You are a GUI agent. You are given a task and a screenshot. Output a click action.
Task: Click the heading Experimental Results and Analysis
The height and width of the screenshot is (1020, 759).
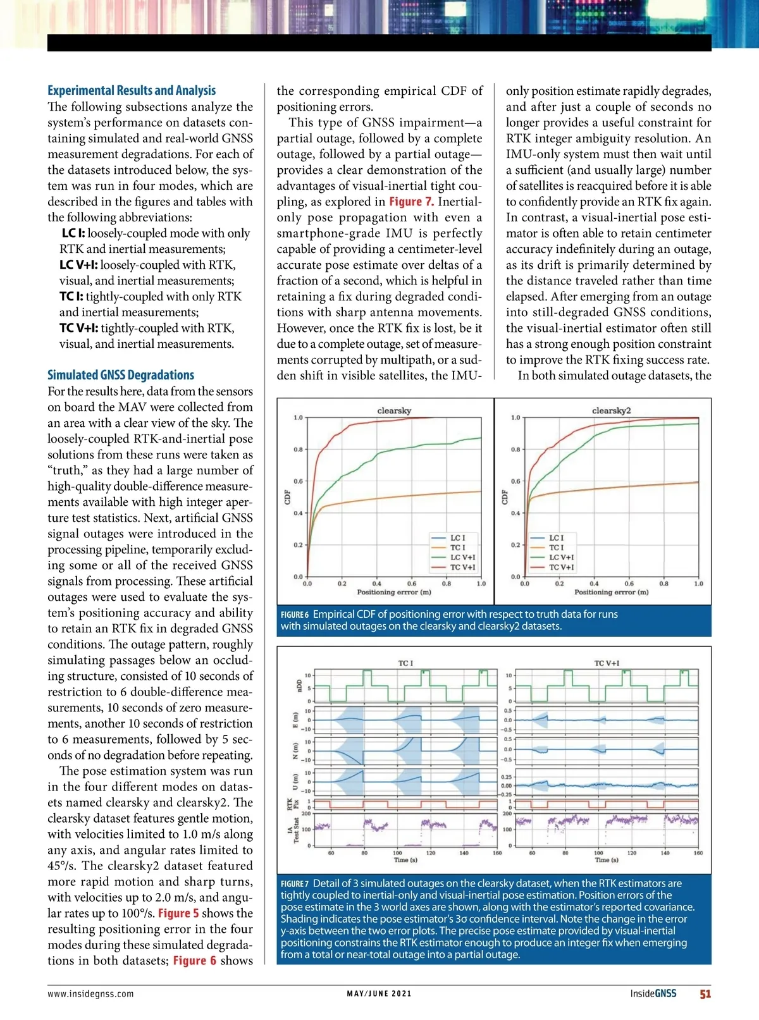pyautogui.click(x=132, y=90)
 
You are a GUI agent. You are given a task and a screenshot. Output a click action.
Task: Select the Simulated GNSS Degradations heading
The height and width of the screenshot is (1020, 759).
pyautogui.click(x=121, y=375)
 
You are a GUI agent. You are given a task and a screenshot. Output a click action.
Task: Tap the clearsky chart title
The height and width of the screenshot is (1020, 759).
pyautogui.click(x=394, y=411)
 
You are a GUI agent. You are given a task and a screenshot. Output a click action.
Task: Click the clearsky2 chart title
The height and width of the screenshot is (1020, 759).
pyautogui.click(x=611, y=411)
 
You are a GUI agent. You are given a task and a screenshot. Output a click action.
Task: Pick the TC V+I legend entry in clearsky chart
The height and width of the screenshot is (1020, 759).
pyautogui.click(x=462, y=567)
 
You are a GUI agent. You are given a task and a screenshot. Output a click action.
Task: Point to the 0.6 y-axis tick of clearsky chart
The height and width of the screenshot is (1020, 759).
pyautogui.click(x=297, y=481)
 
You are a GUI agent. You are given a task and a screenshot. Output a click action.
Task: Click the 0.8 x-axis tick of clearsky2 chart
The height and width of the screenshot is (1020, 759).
pyautogui.click(x=663, y=584)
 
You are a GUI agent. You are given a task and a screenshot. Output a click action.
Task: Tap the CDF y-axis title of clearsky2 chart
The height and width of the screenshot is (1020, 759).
pyautogui.click(x=505, y=497)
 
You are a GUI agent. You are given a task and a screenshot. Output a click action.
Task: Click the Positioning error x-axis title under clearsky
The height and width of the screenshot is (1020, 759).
pyautogui.click(x=394, y=593)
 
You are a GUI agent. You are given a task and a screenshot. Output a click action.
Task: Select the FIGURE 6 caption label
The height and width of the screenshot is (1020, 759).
pyautogui.click(x=295, y=615)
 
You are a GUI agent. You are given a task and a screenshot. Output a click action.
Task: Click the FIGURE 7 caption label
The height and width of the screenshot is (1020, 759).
pyautogui.click(x=295, y=884)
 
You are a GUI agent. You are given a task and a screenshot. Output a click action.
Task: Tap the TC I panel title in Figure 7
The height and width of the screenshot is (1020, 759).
pyautogui.click(x=405, y=663)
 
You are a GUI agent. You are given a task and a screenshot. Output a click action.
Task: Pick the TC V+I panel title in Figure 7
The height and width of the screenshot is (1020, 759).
pyautogui.click(x=607, y=663)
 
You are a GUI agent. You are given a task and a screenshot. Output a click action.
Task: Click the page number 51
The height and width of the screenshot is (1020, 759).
pyautogui.click(x=705, y=993)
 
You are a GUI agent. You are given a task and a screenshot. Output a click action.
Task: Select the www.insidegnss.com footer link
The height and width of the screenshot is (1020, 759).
pyautogui.click(x=90, y=993)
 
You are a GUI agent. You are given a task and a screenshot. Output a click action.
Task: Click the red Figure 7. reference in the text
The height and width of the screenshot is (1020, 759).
pyautogui.click(x=411, y=202)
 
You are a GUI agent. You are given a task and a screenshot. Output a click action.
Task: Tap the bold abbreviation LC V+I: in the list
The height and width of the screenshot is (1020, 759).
pyautogui.click(x=78, y=265)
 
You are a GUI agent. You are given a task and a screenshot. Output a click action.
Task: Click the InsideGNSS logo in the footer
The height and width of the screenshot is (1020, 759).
pyautogui.click(x=653, y=993)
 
